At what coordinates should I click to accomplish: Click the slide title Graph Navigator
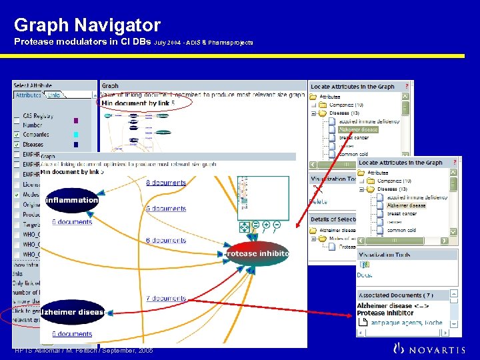(x=87, y=25)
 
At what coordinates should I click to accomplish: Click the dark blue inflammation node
(x=71, y=200)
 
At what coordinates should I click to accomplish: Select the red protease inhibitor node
(x=257, y=254)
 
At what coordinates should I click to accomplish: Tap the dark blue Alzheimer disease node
(x=73, y=312)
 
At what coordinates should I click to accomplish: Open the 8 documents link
(x=166, y=182)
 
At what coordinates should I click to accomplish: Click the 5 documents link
(x=166, y=209)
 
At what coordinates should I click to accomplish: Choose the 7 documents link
(x=166, y=299)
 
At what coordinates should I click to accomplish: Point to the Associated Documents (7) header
(x=396, y=295)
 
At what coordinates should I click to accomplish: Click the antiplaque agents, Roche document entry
(x=407, y=323)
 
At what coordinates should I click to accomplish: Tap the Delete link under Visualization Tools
(x=318, y=201)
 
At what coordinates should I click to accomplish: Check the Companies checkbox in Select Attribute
(x=17, y=135)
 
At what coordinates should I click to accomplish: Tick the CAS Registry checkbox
(x=17, y=117)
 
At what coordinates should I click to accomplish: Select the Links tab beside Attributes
(x=54, y=95)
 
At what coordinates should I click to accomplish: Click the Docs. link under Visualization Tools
(x=364, y=275)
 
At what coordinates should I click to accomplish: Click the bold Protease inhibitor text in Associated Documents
(x=385, y=313)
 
